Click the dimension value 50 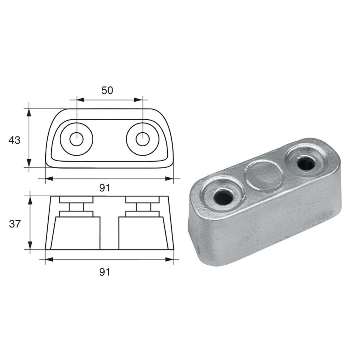(x=107, y=90)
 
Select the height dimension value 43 (x=14, y=140)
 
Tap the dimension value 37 (x=14, y=223)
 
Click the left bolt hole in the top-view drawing (x=76, y=139)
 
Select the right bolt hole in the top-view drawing (x=142, y=139)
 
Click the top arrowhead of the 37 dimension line (x=30, y=199)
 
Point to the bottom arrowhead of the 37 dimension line (x=30, y=246)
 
